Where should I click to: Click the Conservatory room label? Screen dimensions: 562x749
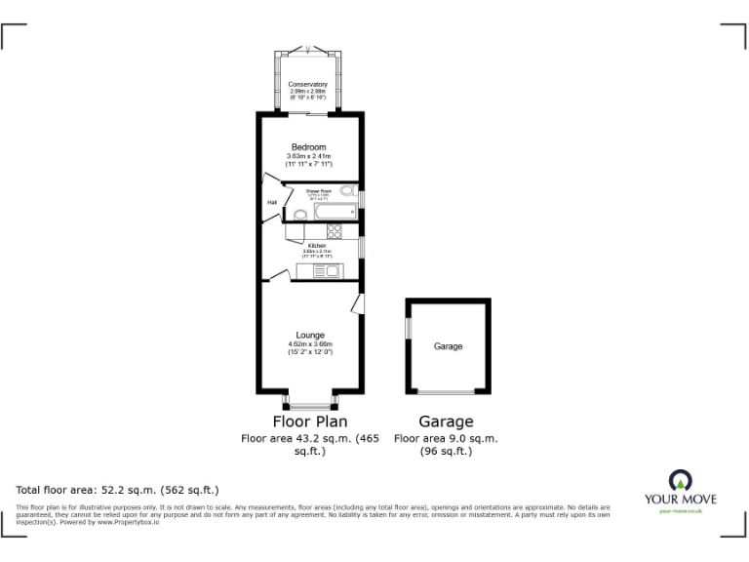pyautogui.click(x=308, y=85)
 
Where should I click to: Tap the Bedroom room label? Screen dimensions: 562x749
pyautogui.click(x=308, y=147)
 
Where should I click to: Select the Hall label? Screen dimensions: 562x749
pyautogui.click(x=272, y=202)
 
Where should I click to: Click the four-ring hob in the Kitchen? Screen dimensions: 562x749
pyautogui.click(x=334, y=232)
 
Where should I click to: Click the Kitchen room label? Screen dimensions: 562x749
pyautogui.click(x=317, y=245)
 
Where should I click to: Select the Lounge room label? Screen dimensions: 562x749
pyautogui.click(x=311, y=335)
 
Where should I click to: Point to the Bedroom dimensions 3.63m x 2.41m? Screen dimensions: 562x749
pyautogui.click(x=308, y=157)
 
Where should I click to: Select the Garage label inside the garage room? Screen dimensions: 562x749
pyautogui.click(x=449, y=346)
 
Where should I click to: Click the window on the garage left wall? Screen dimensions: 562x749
pyautogui.click(x=407, y=328)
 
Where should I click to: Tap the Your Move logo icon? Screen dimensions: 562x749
pyautogui.click(x=679, y=479)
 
